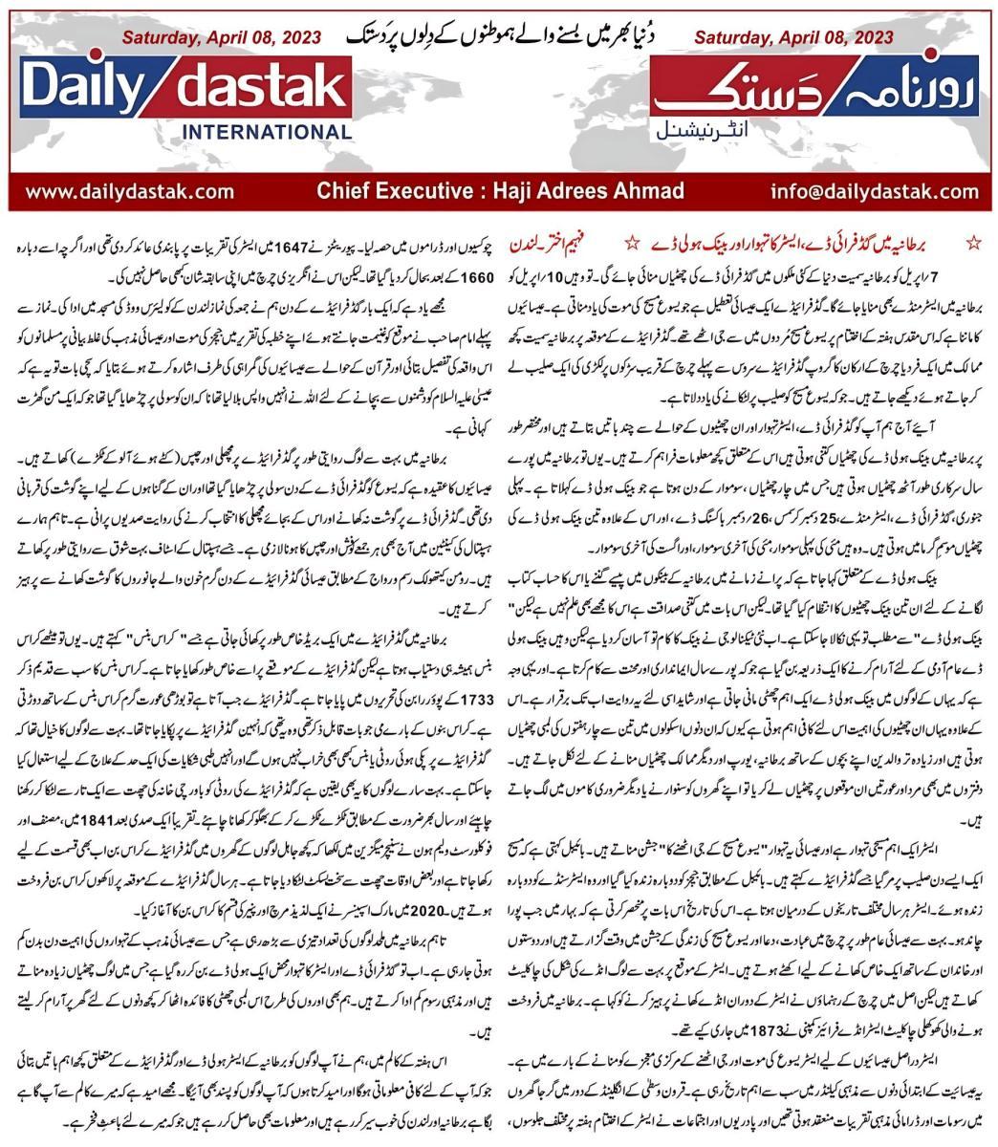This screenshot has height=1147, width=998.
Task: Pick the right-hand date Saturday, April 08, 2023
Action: click(792, 38)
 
